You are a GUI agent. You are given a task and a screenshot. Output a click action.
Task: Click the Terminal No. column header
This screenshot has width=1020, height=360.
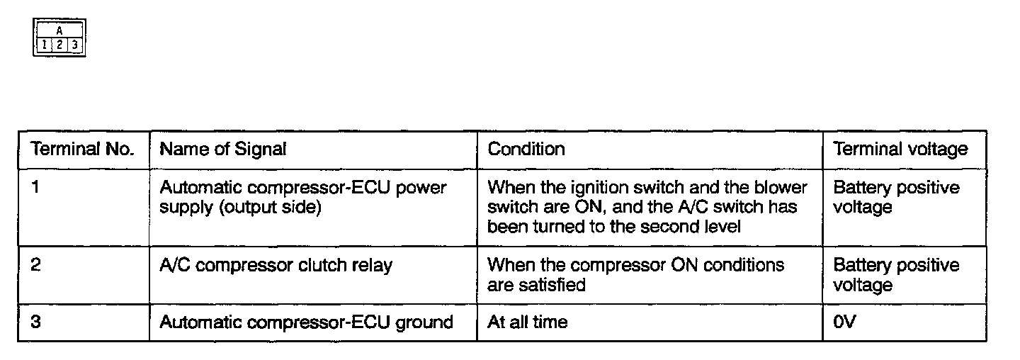pyautogui.click(x=82, y=150)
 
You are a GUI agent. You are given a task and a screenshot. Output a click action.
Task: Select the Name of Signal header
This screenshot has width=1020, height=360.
pyautogui.click(x=223, y=150)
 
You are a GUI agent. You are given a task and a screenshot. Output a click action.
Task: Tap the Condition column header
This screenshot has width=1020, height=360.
pyautogui.click(x=526, y=150)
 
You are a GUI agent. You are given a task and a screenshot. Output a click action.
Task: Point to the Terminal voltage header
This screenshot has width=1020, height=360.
pyautogui.click(x=900, y=150)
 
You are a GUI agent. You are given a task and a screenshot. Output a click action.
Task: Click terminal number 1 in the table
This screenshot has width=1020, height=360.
pyautogui.click(x=35, y=188)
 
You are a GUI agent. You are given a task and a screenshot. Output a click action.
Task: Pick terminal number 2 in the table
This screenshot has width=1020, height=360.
pyautogui.click(x=35, y=266)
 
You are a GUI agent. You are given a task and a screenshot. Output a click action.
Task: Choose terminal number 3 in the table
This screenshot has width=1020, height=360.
pyautogui.click(x=35, y=322)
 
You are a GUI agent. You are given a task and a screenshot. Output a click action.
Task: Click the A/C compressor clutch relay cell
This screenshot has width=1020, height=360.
pyautogui.click(x=276, y=266)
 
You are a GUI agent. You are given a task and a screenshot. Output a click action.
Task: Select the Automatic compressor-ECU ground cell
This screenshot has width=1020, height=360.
pyautogui.click(x=306, y=322)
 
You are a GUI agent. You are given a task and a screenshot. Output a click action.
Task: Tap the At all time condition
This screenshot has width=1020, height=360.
pyautogui.click(x=528, y=322)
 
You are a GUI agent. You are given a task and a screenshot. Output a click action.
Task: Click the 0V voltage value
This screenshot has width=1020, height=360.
pyautogui.click(x=845, y=322)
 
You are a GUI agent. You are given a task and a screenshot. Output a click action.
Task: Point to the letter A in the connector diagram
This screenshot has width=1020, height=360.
pyautogui.click(x=59, y=31)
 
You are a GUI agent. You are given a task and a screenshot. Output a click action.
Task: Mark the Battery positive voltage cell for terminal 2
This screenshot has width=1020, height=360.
pyautogui.click(x=896, y=275)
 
